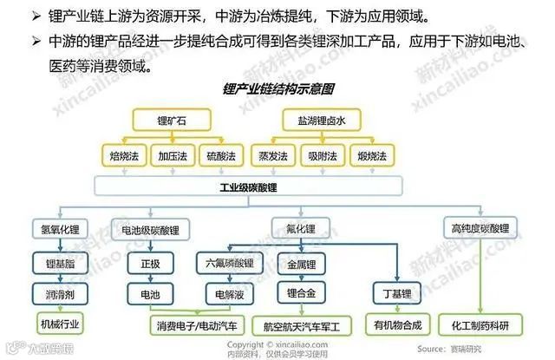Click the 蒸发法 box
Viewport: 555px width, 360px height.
pyautogui.click(x=270, y=156)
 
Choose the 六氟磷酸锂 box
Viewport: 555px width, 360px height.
pyautogui.click(x=229, y=263)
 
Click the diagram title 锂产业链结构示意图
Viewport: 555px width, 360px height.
pyautogui.click(x=278, y=88)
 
